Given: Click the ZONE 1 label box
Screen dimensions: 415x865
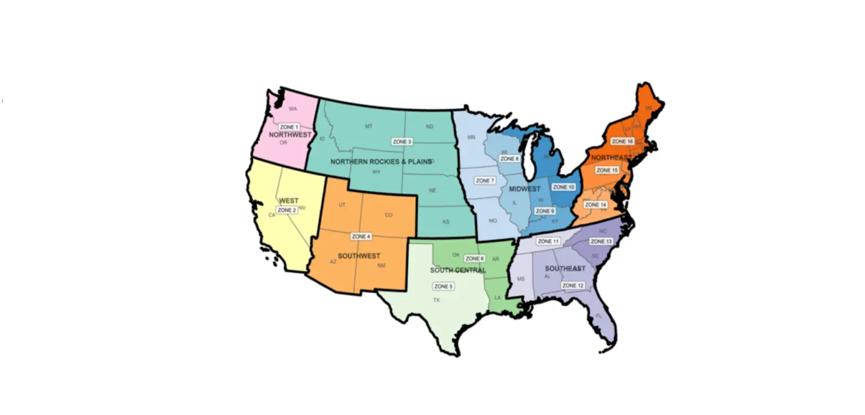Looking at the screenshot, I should click(x=289, y=127).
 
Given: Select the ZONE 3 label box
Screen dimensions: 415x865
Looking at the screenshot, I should click(x=402, y=142).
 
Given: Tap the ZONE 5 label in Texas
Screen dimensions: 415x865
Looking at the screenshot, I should click(x=443, y=287).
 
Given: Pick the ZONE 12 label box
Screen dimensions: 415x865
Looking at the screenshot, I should click(x=573, y=285).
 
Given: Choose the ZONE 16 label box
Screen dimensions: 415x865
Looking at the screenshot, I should click(x=622, y=142).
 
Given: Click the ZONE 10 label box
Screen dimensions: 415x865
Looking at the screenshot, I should click(x=563, y=187).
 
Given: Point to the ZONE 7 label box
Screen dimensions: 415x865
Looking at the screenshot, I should click(x=485, y=181).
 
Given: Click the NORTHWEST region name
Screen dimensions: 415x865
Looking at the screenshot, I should click(x=290, y=135).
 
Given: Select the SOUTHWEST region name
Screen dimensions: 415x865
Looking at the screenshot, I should click(x=359, y=256).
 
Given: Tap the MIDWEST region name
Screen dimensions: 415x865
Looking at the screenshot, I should click(x=525, y=190).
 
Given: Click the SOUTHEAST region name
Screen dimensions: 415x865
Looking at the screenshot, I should click(x=565, y=268).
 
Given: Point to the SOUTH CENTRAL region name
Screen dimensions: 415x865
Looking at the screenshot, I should click(x=458, y=271).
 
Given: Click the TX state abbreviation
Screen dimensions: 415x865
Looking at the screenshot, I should click(x=436, y=300).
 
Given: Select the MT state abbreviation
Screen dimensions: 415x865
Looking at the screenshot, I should click(x=369, y=127).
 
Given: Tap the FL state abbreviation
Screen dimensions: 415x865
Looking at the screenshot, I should click(x=599, y=316).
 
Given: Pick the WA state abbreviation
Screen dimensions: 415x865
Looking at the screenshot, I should click(x=292, y=109).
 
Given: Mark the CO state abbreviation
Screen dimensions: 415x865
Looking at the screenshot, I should click(x=388, y=215).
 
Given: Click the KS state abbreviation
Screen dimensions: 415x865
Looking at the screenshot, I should click(x=446, y=222).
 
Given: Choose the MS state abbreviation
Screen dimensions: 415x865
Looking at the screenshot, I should click(x=521, y=279).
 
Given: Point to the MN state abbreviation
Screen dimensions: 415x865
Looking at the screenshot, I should click(x=471, y=137).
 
